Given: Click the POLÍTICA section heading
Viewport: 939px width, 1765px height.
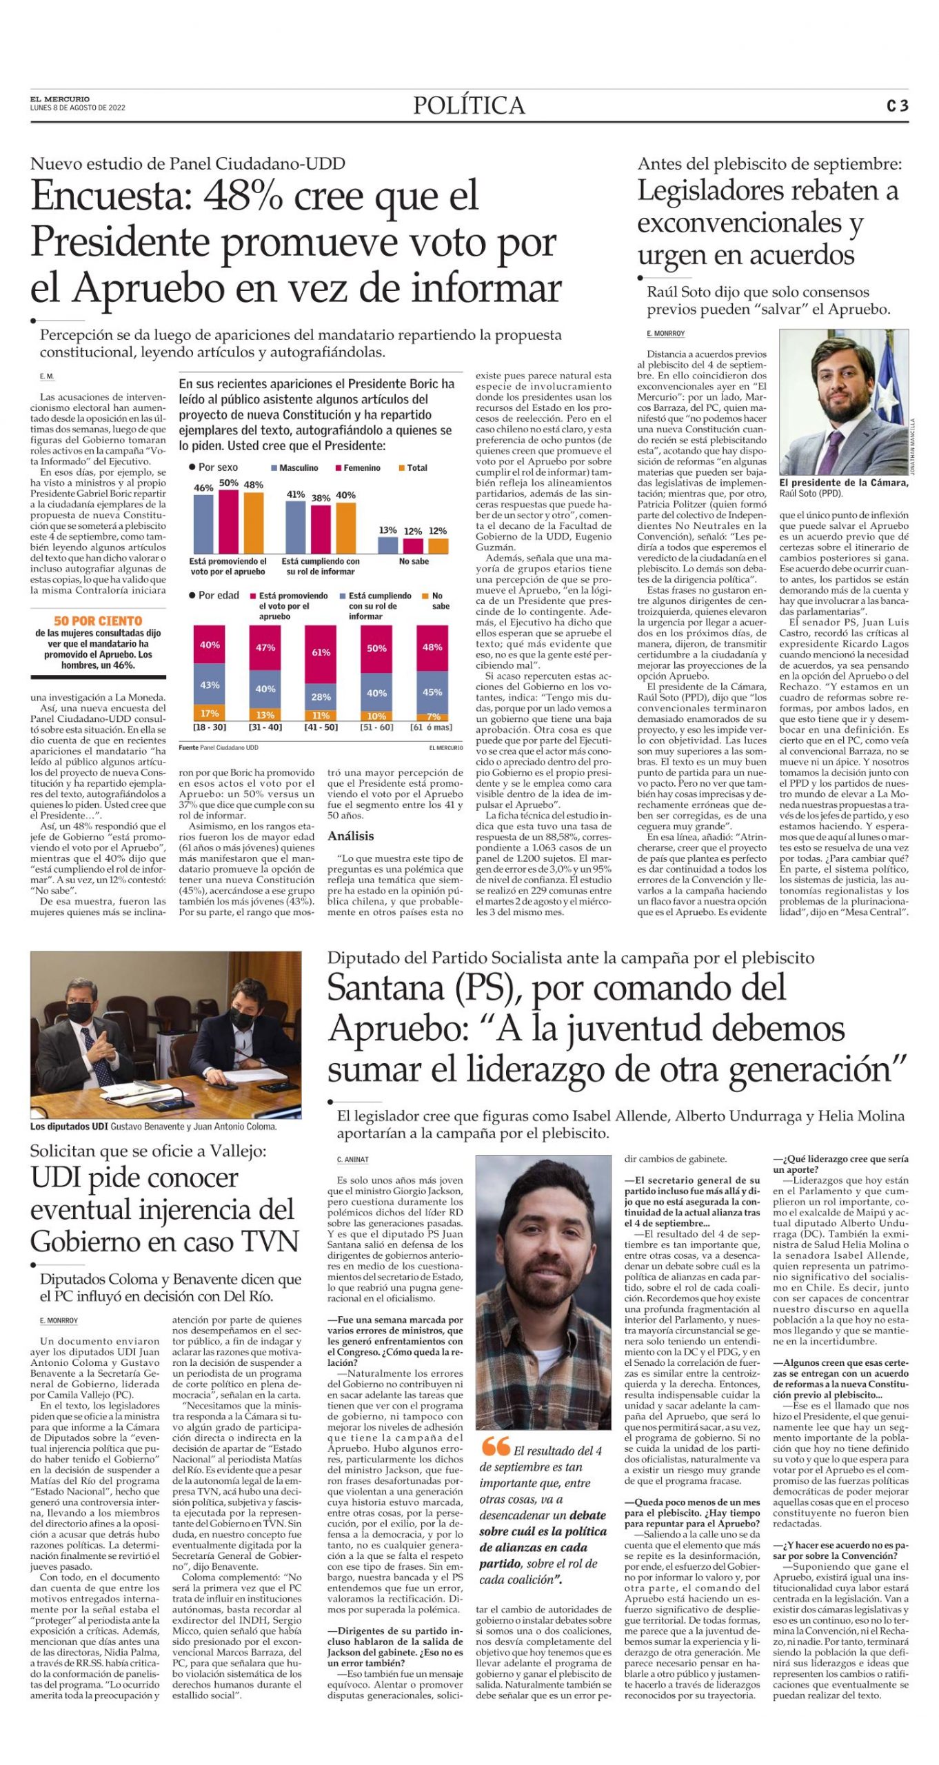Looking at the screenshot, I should (x=469, y=105).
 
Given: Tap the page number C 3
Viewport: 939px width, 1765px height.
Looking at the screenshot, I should (x=897, y=106).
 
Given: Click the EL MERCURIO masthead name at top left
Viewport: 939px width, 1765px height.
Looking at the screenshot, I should (x=59, y=99).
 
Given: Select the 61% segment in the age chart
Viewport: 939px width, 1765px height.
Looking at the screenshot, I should (x=321, y=652).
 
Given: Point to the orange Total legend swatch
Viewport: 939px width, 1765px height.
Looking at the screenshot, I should (x=401, y=468).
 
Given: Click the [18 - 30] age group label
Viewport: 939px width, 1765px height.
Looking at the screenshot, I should (x=209, y=727).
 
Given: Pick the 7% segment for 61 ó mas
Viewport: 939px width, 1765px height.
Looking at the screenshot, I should (x=432, y=717).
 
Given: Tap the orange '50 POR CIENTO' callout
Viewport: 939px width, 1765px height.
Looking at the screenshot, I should (x=98, y=621).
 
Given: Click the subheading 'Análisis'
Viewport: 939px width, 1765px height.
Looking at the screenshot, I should (x=351, y=836).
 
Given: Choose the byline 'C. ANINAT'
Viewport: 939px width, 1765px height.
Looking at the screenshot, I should (x=352, y=1160).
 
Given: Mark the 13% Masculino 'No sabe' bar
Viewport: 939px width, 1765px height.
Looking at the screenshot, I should (x=387, y=544).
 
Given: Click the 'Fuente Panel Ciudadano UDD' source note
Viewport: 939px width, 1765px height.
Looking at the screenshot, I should (x=218, y=747).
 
